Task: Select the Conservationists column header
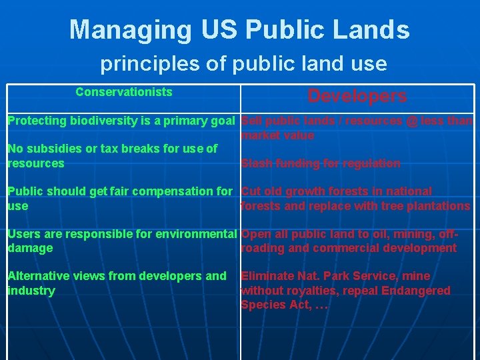point(123,92)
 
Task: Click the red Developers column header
point(357,96)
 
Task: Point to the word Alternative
point(34,276)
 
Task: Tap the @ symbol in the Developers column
point(412,121)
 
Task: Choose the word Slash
point(255,163)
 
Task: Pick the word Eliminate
point(268,276)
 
